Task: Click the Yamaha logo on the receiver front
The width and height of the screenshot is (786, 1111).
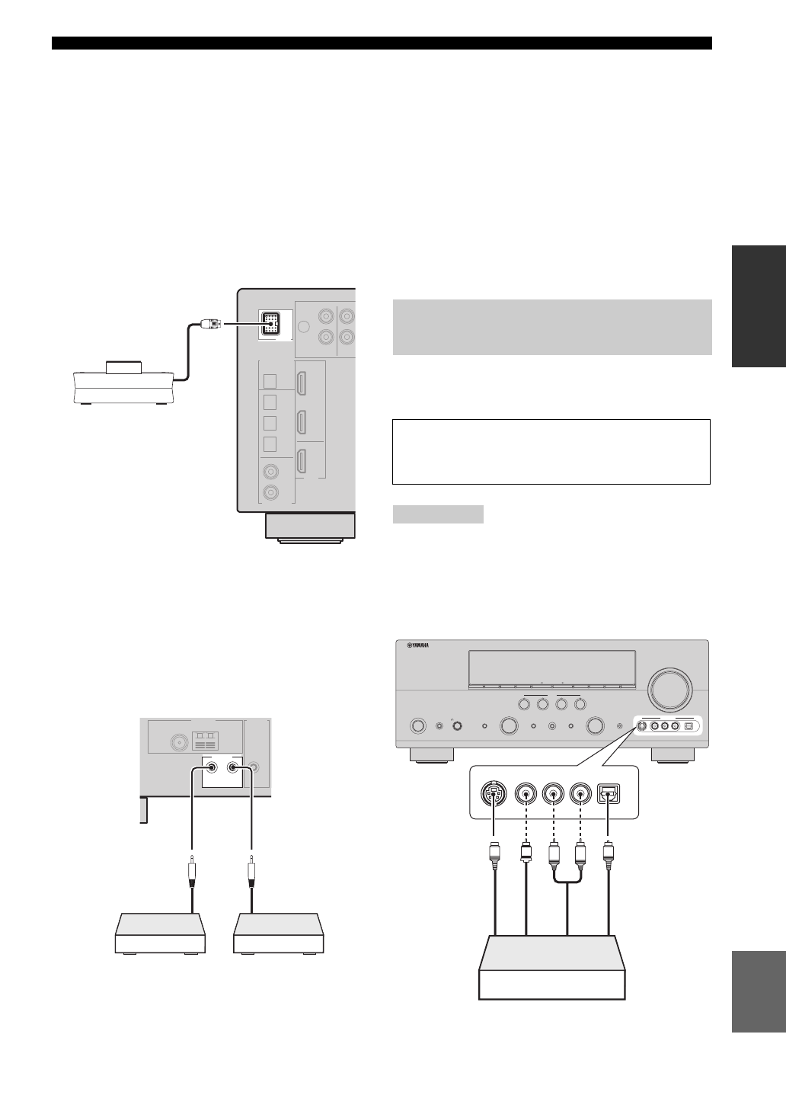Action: click(x=418, y=646)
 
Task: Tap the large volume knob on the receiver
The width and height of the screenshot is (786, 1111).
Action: click(x=670, y=689)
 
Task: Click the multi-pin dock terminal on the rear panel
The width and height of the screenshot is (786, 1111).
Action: click(x=270, y=323)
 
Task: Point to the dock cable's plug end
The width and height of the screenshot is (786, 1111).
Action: click(x=209, y=323)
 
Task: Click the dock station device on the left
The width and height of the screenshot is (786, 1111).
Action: click(x=123, y=384)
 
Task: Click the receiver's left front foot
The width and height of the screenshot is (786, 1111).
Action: click(x=431, y=754)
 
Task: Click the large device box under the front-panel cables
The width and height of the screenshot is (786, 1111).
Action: click(x=551, y=967)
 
